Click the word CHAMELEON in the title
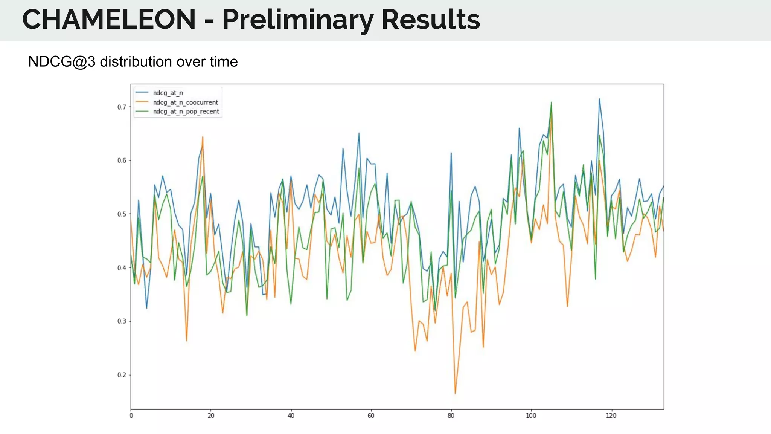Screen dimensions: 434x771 109,20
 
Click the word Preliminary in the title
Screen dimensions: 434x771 298,20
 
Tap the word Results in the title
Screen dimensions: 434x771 431,20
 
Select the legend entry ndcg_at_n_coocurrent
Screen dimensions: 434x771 185,102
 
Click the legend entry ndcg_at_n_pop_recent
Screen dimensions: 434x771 186,112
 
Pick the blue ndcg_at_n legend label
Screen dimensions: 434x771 168,93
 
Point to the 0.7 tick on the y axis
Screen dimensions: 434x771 122,107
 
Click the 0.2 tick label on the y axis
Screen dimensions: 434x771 122,375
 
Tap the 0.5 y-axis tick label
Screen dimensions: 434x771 122,214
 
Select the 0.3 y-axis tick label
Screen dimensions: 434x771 122,321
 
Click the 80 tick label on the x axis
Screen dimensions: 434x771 451,416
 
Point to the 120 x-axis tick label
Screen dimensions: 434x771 611,416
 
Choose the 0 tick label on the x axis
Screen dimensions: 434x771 131,416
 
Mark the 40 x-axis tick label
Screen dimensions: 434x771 291,416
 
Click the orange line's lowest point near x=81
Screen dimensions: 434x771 455,394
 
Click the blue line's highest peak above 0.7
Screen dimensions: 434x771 599,99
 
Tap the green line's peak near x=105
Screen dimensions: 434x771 551,102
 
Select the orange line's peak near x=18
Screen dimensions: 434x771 203,137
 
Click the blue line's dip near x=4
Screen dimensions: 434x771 147,308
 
